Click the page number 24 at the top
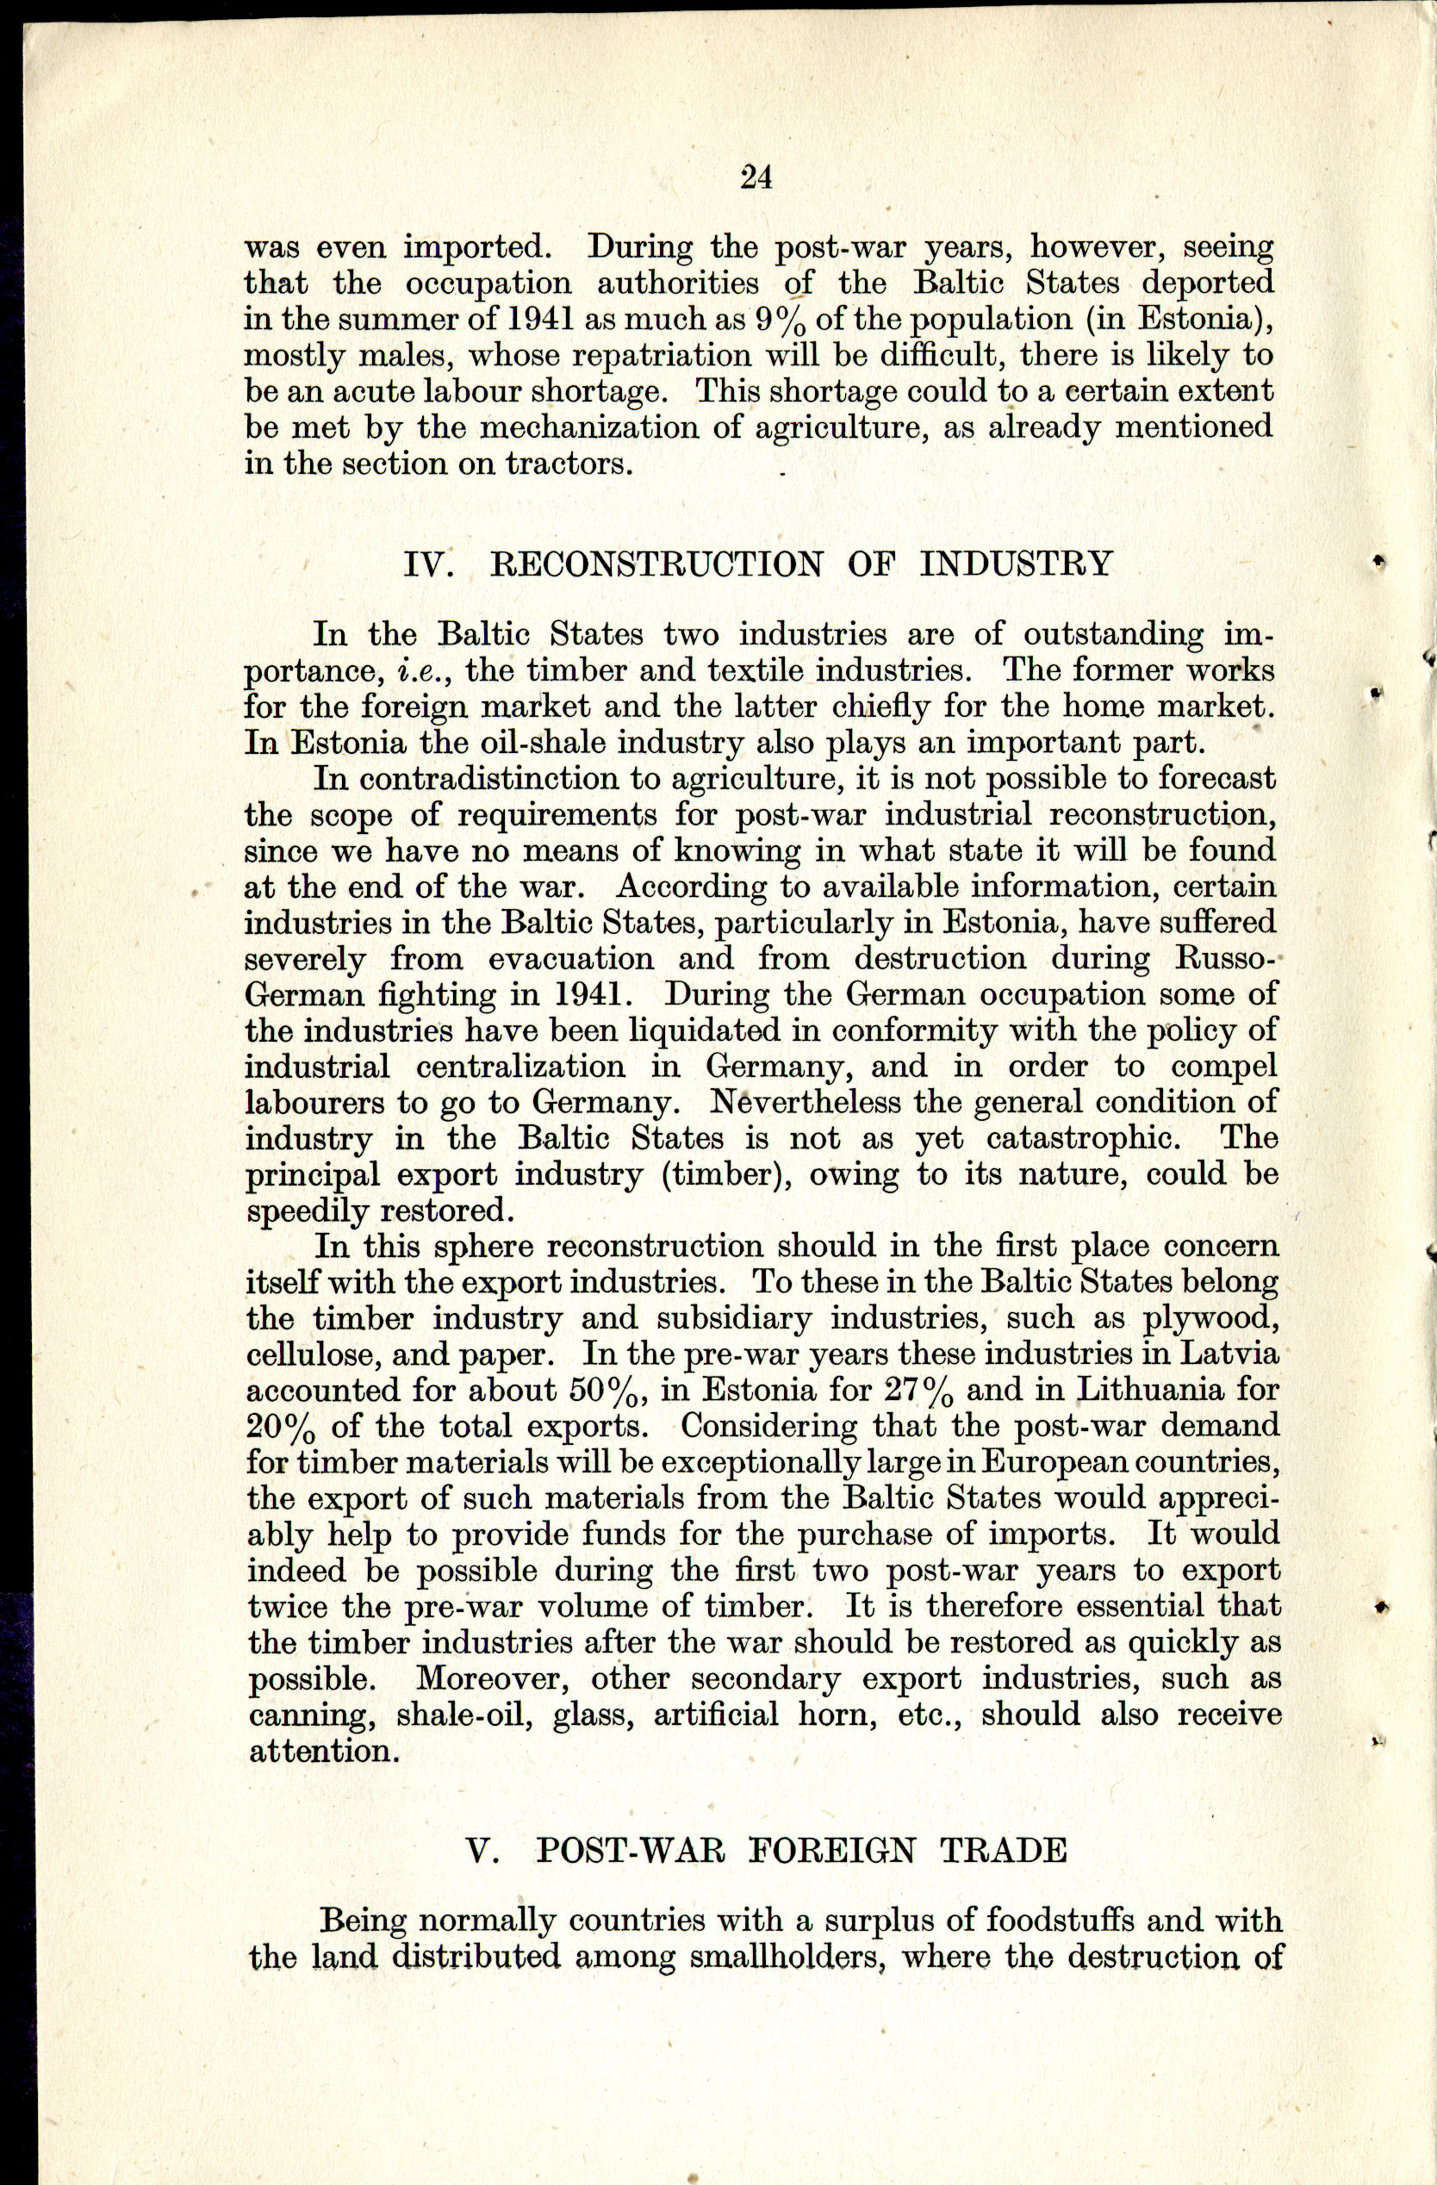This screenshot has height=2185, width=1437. click(756, 177)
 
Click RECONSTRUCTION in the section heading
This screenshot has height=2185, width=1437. click(656, 563)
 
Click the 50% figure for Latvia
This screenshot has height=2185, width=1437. click(611, 1391)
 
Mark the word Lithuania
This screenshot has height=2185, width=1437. click(1149, 1390)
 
